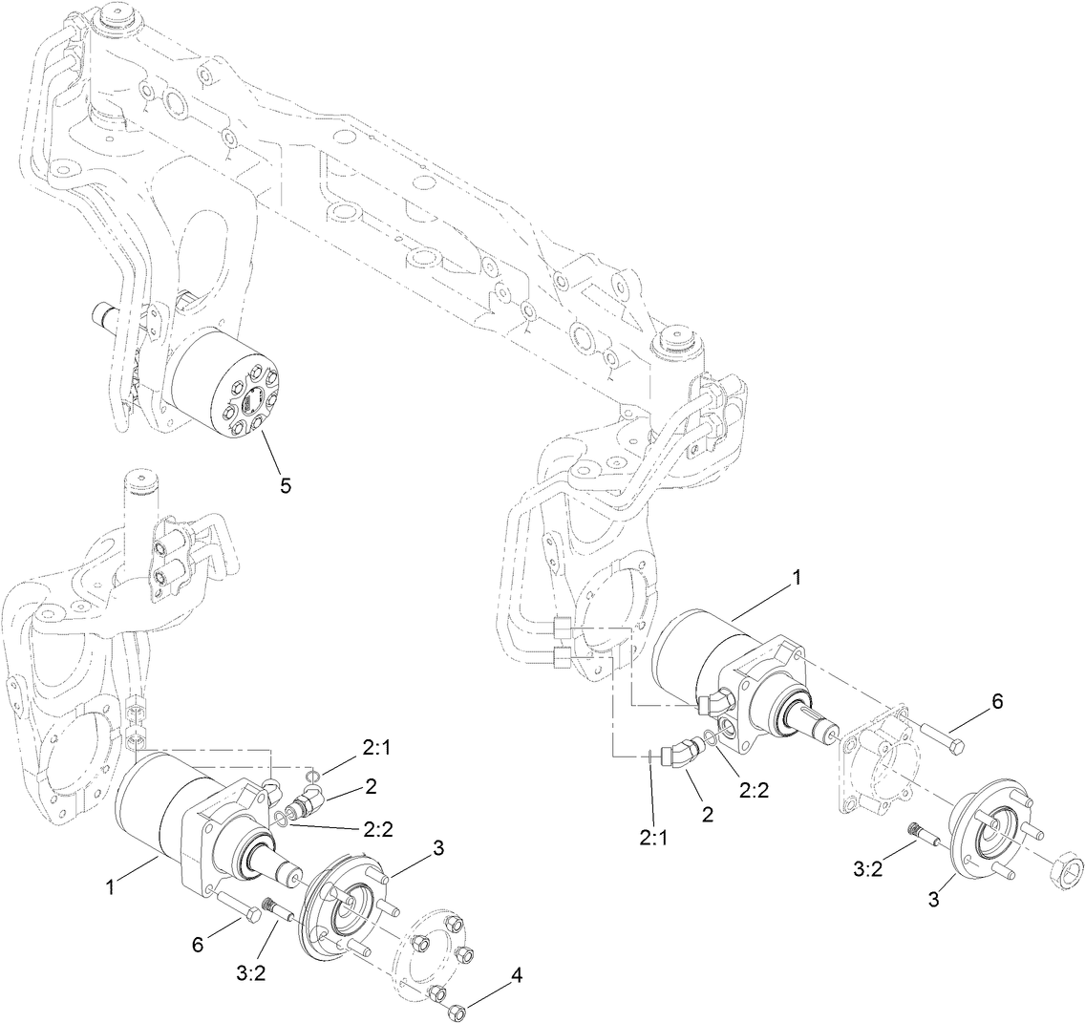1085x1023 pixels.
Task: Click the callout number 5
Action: pyautogui.click(x=285, y=485)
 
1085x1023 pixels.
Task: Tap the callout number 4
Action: pyautogui.click(x=517, y=975)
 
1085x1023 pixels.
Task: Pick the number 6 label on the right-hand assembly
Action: pyautogui.click(x=997, y=701)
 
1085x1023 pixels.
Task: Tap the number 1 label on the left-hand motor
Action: pyautogui.click(x=110, y=887)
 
